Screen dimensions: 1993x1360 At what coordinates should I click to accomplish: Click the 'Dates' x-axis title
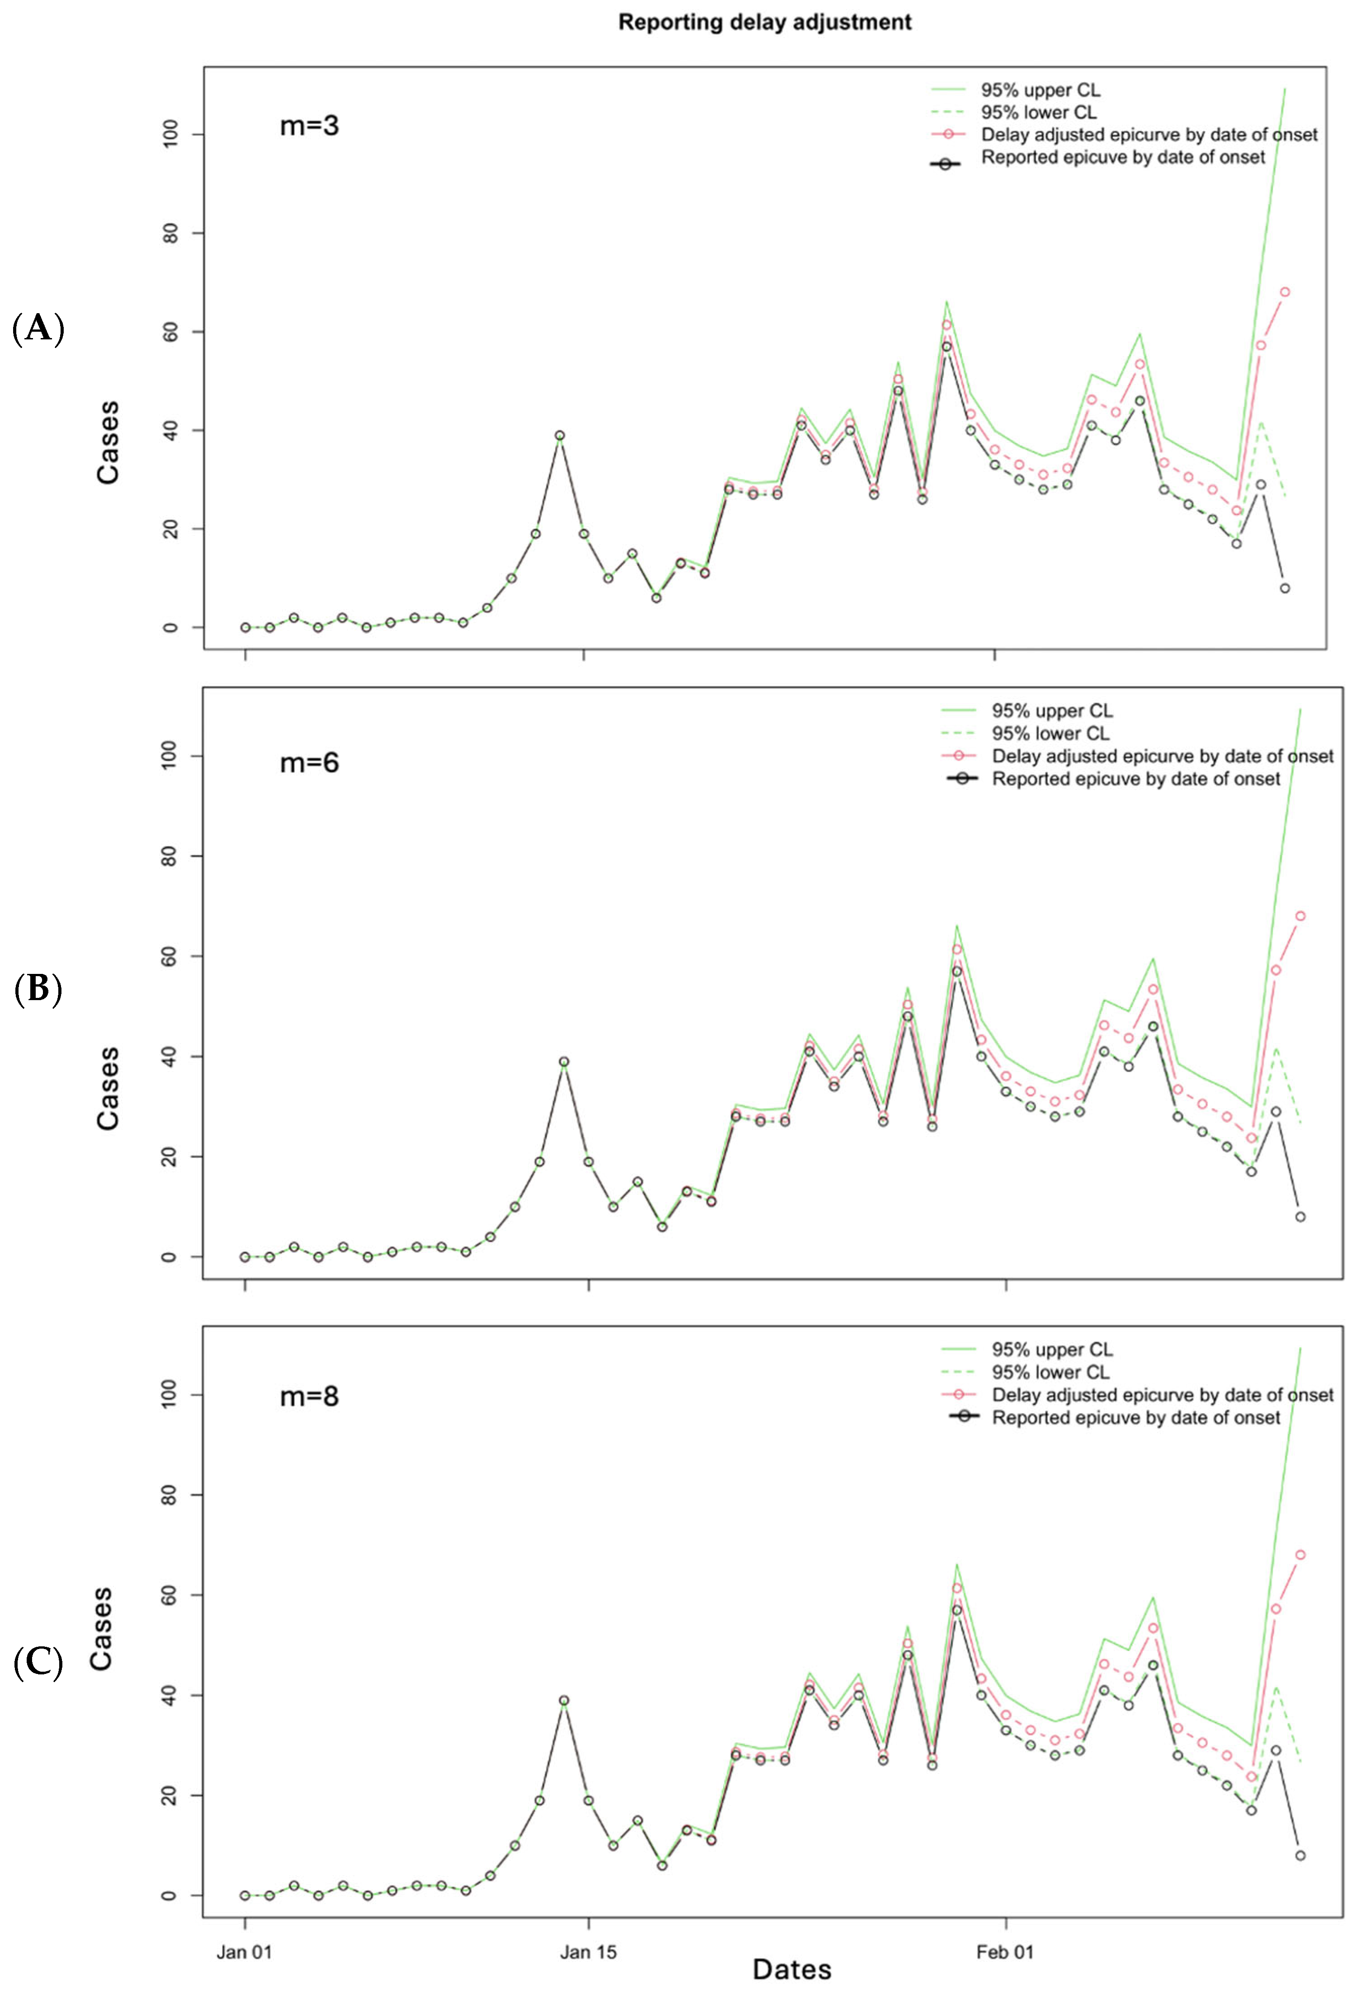[791, 1970]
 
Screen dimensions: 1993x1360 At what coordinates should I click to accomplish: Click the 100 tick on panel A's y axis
[171, 135]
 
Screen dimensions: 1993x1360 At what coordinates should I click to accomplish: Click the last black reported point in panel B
[1300, 1217]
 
